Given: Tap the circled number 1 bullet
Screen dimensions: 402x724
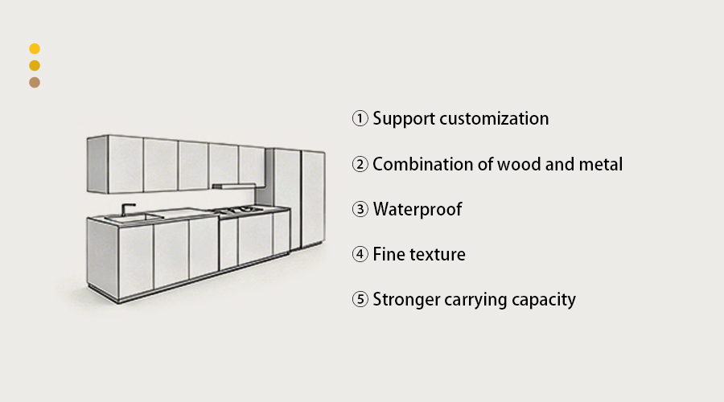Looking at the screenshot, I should [360, 119].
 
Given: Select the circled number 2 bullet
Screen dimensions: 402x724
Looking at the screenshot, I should [360, 165].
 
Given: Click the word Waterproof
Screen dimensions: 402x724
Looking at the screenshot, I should [418, 210].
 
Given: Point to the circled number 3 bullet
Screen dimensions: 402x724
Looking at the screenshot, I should [360, 210].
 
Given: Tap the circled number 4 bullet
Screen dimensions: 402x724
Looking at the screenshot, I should [360, 255].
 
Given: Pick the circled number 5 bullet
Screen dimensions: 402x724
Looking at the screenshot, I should [360, 300].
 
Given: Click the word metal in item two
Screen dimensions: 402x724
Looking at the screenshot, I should [600, 165].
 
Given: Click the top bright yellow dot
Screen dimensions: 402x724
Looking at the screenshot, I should [35, 49].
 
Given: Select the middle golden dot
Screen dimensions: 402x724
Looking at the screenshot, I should [35, 66].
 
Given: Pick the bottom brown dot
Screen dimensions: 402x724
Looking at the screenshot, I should [35, 82].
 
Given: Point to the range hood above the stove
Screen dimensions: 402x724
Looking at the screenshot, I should [233, 186].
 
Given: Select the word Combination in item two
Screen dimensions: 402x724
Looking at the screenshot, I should [421, 165].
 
